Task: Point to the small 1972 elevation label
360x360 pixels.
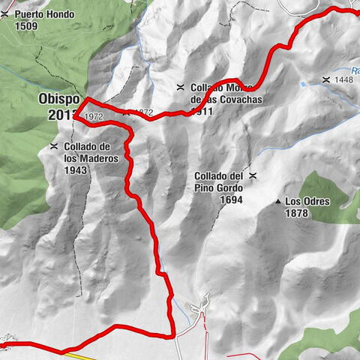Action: [x=93, y=118]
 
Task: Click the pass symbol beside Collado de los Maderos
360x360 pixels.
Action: [x=53, y=146]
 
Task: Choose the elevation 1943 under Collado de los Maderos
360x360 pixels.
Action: [x=76, y=170]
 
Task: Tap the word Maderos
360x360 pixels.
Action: [x=91, y=158]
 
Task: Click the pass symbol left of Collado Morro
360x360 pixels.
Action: [x=180, y=87]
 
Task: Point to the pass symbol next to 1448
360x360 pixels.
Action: [x=326, y=79]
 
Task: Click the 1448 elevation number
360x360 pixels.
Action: [x=344, y=79]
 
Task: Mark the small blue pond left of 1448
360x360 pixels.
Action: [x=303, y=84]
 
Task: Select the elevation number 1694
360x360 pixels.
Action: [x=234, y=200]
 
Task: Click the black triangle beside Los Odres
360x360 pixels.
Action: [x=278, y=202]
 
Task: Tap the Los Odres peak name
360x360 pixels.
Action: [x=307, y=202]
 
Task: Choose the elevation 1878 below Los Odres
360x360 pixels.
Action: [x=298, y=214]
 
